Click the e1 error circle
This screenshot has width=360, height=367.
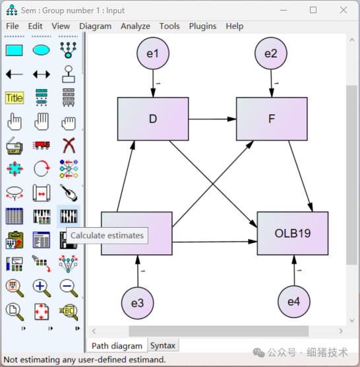tap(152, 53)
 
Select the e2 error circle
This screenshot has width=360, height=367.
tap(270, 53)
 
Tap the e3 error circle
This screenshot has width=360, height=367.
tap(137, 303)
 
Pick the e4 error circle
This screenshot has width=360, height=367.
tap(293, 302)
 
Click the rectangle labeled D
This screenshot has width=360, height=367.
tap(153, 119)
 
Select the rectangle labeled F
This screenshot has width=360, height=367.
tap(272, 119)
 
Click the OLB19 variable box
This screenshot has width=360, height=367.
tap(293, 234)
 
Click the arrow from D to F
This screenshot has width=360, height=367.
tap(212, 119)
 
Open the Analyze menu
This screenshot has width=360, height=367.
tap(135, 26)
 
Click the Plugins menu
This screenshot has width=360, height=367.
tap(202, 26)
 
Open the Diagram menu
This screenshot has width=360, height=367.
tap(96, 26)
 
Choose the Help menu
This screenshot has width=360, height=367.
tap(234, 26)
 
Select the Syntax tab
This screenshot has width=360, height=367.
tap(163, 346)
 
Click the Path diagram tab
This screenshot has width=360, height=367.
tap(117, 346)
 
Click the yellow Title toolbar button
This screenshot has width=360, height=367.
tap(14, 98)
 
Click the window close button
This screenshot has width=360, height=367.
tap(343, 10)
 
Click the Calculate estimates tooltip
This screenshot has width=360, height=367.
tap(106, 236)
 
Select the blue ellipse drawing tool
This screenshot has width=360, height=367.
tap(41, 50)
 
